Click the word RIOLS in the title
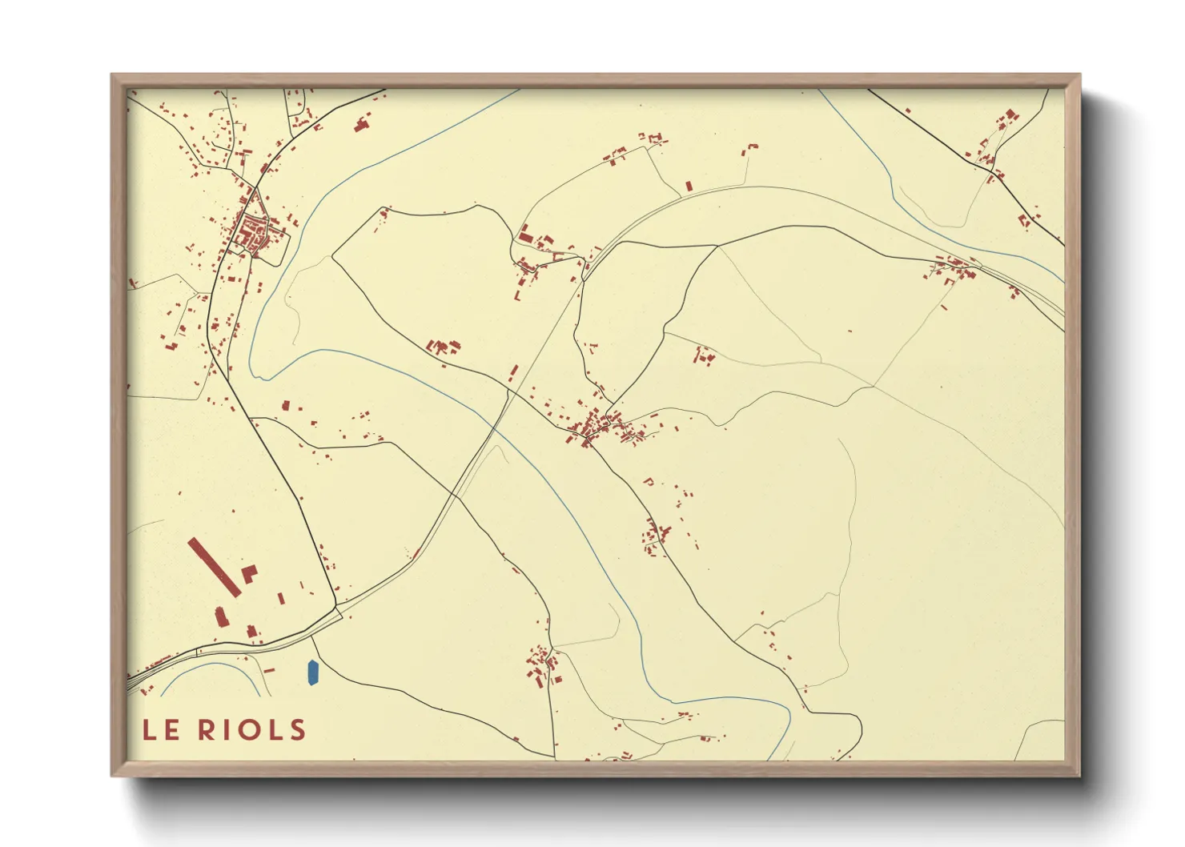[x=252, y=729]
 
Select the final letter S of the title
[x=297, y=729]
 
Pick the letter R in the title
[x=207, y=729]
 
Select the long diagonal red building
[x=215, y=567]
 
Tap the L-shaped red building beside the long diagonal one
[x=249, y=573]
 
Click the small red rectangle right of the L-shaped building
[x=281, y=597]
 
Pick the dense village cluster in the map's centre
[x=597, y=428]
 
